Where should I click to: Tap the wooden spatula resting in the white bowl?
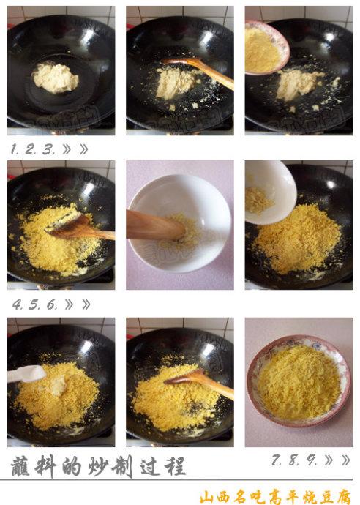pyautogui.click(x=155, y=225)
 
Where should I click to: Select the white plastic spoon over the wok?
pyautogui.click(x=27, y=374)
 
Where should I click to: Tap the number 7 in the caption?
pyautogui.click(x=277, y=460)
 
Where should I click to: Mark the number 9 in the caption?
pyautogui.click(x=310, y=460)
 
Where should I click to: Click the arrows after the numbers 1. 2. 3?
pyautogui.click(x=77, y=149)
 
